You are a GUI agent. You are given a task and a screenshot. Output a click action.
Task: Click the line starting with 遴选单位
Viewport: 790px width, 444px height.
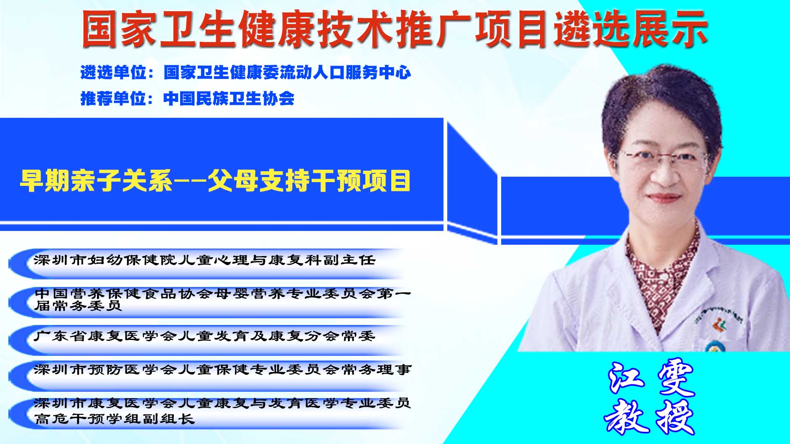pyautogui.click(x=246, y=73)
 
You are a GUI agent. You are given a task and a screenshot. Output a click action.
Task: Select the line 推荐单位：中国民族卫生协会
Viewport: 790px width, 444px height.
pyautogui.click(x=187, y=99)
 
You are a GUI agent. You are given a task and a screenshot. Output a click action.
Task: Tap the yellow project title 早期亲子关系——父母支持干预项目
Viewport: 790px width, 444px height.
pyautogui.click(x=215, y=181)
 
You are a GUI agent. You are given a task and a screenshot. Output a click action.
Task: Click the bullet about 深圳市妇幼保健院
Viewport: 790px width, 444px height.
pyautogui.click(x=205, y=260)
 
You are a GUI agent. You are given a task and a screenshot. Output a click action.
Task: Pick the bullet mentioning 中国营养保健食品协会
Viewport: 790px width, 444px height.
pyautogui.click(x=223, y=299)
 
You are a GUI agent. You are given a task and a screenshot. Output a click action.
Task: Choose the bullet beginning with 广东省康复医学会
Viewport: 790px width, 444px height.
pyautogui.click(x=204, y=336)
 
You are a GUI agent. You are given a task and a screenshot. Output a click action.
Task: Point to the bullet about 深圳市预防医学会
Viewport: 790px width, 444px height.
pyautogui.click(x=223, y=370)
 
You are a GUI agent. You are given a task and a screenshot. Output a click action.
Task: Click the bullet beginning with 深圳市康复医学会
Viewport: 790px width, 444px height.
pyautogui.click(x=223, y=411)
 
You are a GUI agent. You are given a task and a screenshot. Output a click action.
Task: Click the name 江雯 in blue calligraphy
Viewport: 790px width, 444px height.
pyautogui.click(x=650, y=378)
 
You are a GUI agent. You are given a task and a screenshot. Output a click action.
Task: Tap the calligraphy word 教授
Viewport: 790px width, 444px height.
pyautogui.click(x=650, y=417)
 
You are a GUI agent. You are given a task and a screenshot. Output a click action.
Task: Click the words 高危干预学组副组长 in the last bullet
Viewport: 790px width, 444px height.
pyautogui.click(x=115, y=419)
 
